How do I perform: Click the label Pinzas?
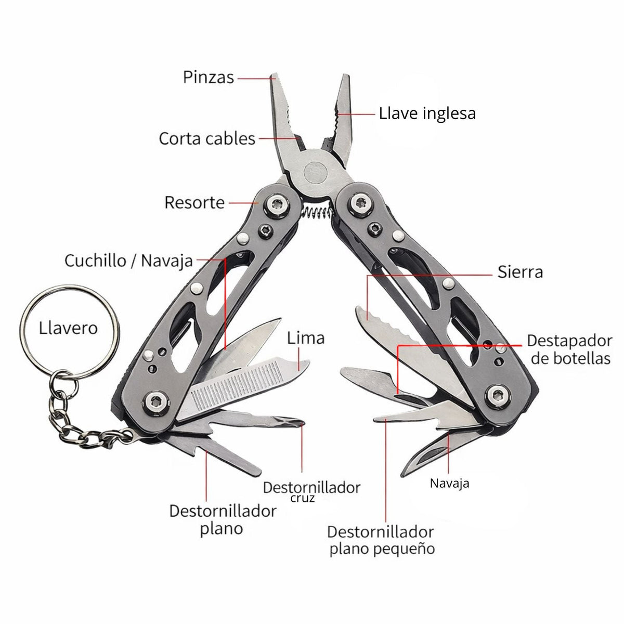click(208, 77)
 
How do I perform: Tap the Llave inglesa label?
click(427, 114)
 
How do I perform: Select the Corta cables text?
click(207, 139)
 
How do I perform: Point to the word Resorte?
click(194, 203)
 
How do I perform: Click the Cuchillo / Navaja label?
click(128, 261)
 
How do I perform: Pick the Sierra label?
click(520, 272)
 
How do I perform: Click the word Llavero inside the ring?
click(68, 328)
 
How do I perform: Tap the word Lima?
click(306, 338)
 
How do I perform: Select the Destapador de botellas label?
click(570, 350)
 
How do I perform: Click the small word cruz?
click(302, 498)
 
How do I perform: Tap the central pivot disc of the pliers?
click(316, 172)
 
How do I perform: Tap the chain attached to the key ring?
click(81, 418)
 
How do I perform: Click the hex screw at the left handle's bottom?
click(156, 403)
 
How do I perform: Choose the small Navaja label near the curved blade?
click(449, 484)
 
